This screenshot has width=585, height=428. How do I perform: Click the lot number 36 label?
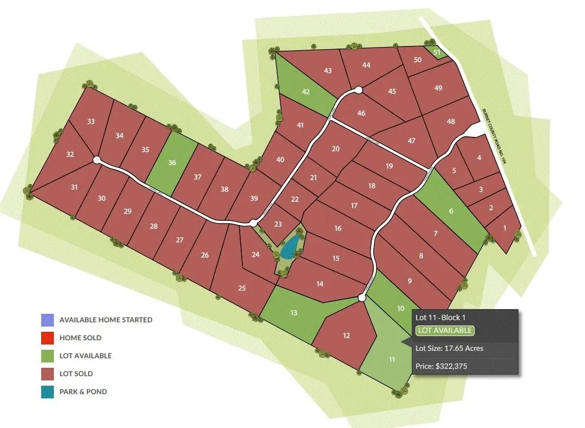pyautogui.click(x=172, y=162)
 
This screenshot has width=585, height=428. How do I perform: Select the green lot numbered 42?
pyautogui.click(x=305, y=91)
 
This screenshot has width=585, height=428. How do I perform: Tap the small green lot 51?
pyautogui.click(x=437, y=52)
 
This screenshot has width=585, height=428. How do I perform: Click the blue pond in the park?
pyautogui.click(x=289, y=247)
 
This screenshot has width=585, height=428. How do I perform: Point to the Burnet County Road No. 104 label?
pyautogui.click(x=494, y=136)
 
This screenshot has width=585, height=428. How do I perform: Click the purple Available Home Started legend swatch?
pyautogui.click(x=48, y=320)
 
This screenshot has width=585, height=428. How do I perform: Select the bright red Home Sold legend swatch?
pyautogui.click(x=48, y=338)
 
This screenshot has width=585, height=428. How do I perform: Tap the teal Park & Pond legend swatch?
pyautogui.click(x=48, y=392)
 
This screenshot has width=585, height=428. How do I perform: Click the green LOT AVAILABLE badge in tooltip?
pyautogui.click(x=445, y=331)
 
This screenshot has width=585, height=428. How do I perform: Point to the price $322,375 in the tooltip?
pyautogui.click(x=441, y=366)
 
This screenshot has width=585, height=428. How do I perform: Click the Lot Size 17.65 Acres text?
pyautogui.click(x=449, y=348)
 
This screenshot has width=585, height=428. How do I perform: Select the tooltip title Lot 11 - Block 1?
pyautogui.click(x=441, y=318)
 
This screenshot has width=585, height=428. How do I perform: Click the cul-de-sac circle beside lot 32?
pyautogui.click(x=97, y=159)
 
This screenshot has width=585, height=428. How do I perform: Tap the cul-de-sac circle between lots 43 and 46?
pyautogui.click(x=358, y=90)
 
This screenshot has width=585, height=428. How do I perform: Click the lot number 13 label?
pyautogui.click(x=294, y=313)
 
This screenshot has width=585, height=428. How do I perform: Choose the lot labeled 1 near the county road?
pyautogui.click(x=504, y=229)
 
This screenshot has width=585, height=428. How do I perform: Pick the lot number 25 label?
pyautogui.click(x=242, y=288)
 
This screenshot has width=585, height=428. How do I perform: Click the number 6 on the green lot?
pyautogui.click(x=450, y=211)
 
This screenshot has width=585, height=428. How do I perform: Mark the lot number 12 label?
pyautogui.click(x=346, y=336)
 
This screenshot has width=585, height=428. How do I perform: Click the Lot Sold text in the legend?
pyautogui.click(x=76, y=374)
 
